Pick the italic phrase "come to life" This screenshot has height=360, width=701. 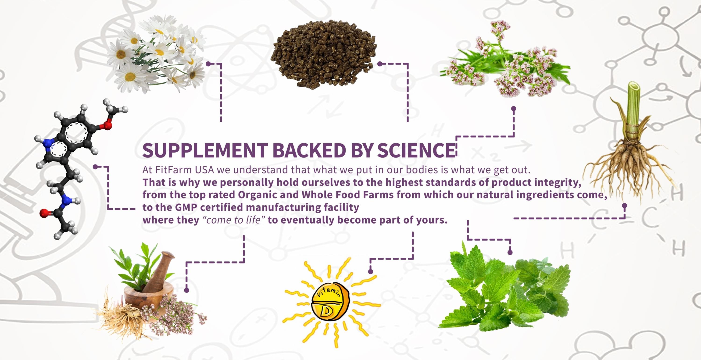click(234, 220)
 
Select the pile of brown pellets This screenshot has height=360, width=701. click(323, 54)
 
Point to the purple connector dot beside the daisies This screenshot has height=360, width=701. click(208, 64)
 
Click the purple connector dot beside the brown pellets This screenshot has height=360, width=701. click(380, 64)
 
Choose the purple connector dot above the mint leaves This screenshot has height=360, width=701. click(510, 253)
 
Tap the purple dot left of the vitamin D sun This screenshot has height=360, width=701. click(370, 271)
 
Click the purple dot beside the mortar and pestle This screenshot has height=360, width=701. click(186, 290)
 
